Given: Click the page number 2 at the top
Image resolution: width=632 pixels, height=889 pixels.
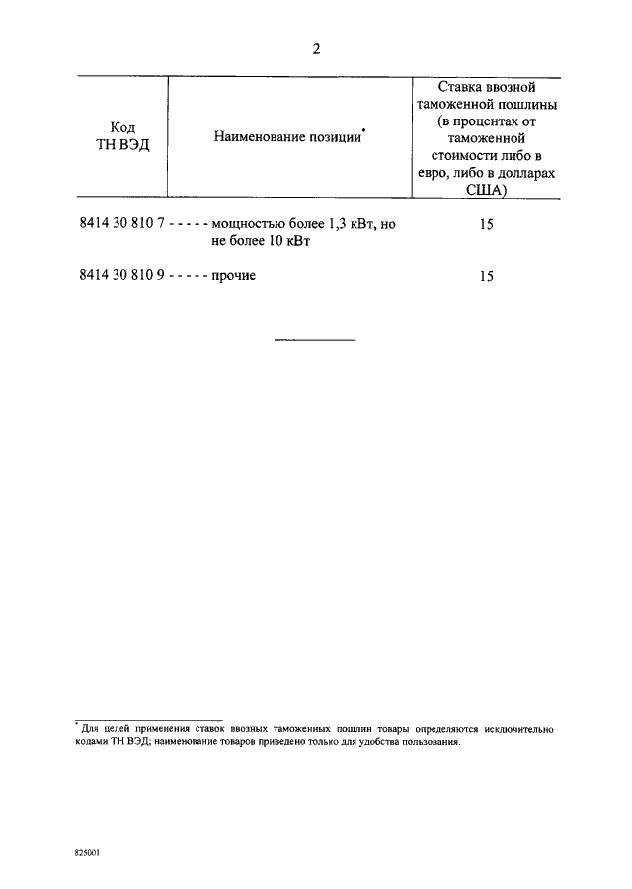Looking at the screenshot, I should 316,49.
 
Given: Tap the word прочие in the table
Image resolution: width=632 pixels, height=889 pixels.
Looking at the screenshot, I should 233,276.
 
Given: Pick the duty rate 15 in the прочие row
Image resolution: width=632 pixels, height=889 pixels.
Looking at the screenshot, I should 486,277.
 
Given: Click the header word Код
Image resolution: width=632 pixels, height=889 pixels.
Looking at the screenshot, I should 123,127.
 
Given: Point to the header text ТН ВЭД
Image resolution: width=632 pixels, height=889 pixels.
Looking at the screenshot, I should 123,144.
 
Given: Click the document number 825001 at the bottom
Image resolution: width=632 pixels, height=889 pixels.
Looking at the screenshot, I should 87,849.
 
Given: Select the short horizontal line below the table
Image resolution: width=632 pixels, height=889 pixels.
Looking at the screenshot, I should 314,340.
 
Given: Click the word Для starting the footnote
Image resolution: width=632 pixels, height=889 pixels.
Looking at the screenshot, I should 90,730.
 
